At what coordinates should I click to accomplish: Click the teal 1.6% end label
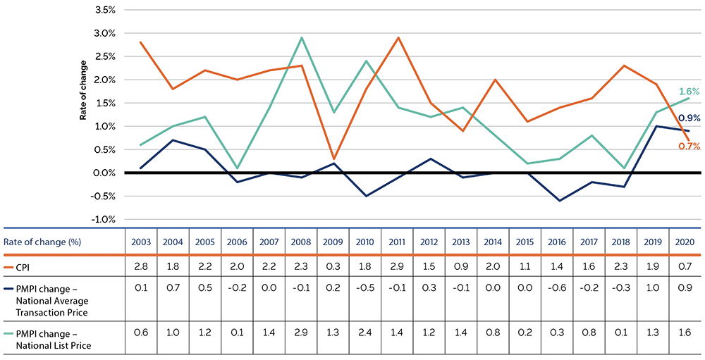click(x=689, y=92)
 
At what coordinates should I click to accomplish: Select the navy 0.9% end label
click(x=689, y=118)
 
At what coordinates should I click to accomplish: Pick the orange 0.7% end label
click(x=689, y=146)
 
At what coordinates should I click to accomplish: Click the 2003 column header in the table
click(x=141, y=242)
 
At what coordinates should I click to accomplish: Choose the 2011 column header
click(x=397, y=242)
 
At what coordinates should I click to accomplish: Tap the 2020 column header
click(x=684, y=242)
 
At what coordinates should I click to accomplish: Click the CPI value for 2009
click(x=333, y=266)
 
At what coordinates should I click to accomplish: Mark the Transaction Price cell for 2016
click(x=557, y=287)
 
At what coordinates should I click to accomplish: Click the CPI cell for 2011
click(x=397, y=266)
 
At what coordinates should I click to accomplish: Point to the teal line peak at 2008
click(x=302, y=38)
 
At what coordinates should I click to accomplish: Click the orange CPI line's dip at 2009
click(x=333, y=159)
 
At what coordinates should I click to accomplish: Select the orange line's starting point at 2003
click(x=141, y=42)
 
